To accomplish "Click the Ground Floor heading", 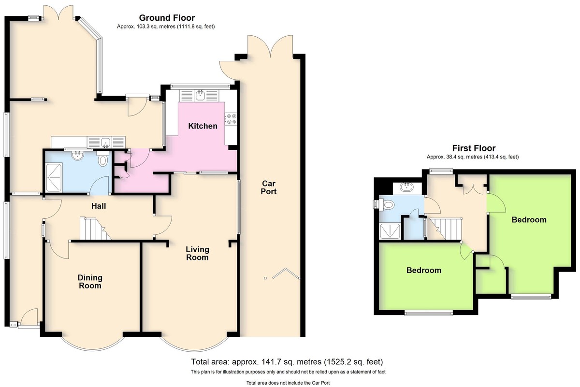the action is (x=167, y=18).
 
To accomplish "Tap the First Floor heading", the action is (x=474, y=148).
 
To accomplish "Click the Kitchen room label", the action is (x=203, y=126).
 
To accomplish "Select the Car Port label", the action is (x=269, y=187).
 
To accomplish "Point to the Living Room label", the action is (x=197, y=254).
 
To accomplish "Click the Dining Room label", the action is (x=90, y=282).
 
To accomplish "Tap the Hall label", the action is (x=99, y=206).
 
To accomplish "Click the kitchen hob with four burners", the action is (x=231, y=119).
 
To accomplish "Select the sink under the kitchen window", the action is (x=200, y=95).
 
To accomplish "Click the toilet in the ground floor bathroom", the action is (x=103, y=158).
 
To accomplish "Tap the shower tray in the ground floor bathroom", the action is (x=54, y=178).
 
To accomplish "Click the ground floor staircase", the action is (x=95, y=229).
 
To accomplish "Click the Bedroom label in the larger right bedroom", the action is (x=529, y=220).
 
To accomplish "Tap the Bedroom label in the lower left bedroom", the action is (x=424, y=270).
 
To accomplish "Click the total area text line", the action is (x=287, y=361).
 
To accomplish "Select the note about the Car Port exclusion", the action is (x=288, y=383).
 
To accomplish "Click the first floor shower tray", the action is (x=390, y=231).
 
